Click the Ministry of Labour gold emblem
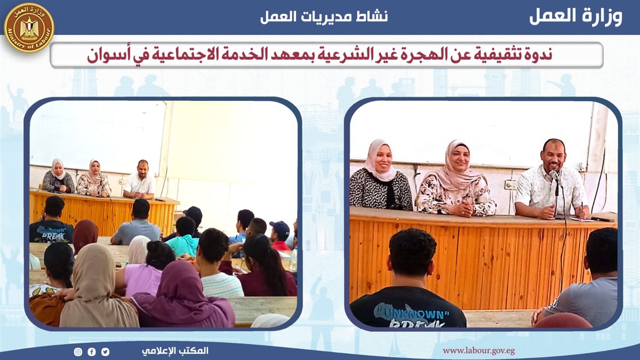click(x=29, y=28)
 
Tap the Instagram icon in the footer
click(x=78, y=351)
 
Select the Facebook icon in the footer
click(x=92, y=351)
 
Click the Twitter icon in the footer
click(x=105, y=351)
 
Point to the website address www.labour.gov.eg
click(x=479, y=351)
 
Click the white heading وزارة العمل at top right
click(x=576, y=17)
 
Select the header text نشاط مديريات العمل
click(x=324, y=17)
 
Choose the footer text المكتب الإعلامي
click(x=175, y=351)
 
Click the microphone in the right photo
click(x=555, y=175)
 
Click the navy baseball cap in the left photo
click(x=280, y=227)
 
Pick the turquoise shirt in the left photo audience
click(x=183, y=245)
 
